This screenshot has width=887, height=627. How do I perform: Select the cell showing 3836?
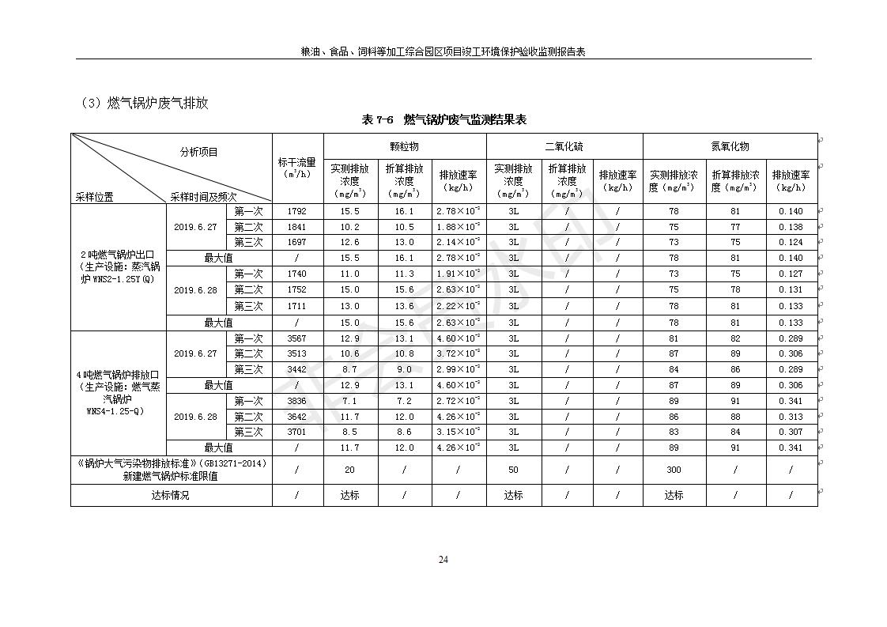coord(297,401)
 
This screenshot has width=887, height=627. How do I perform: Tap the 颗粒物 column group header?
coord(404,146)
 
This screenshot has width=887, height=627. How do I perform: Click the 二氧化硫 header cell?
coord(564,146)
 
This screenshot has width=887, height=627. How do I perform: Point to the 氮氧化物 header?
coord(730,146)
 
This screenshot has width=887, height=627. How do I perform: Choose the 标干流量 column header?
coord(297,168)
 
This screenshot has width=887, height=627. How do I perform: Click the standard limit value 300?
coord(674,470)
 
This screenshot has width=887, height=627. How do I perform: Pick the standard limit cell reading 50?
coord(513,470)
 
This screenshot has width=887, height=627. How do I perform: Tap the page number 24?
coord(443,560)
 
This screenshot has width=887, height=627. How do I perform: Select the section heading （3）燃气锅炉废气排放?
coord(144,103)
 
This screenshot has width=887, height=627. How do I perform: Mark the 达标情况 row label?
coord(171,495)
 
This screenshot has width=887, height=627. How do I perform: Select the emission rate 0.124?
coord(790,242)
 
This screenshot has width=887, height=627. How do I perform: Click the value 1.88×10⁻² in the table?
coord(458,227)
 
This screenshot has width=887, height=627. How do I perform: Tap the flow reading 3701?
coord(297,432)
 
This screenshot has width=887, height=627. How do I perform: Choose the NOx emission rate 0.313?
coord(790,417)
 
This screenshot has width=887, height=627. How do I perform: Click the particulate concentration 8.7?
coord(349,369)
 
